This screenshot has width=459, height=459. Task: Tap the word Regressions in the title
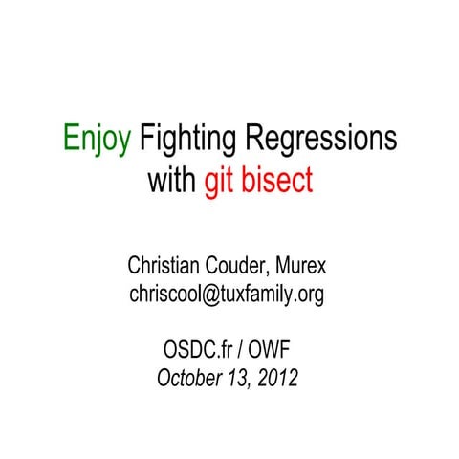click(320, 141)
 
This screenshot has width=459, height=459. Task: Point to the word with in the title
click(172, 181)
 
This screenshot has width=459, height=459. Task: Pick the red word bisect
click(277, 181)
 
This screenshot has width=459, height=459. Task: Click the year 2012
click(277, 378)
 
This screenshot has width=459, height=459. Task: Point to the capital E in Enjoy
click(72, 141)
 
